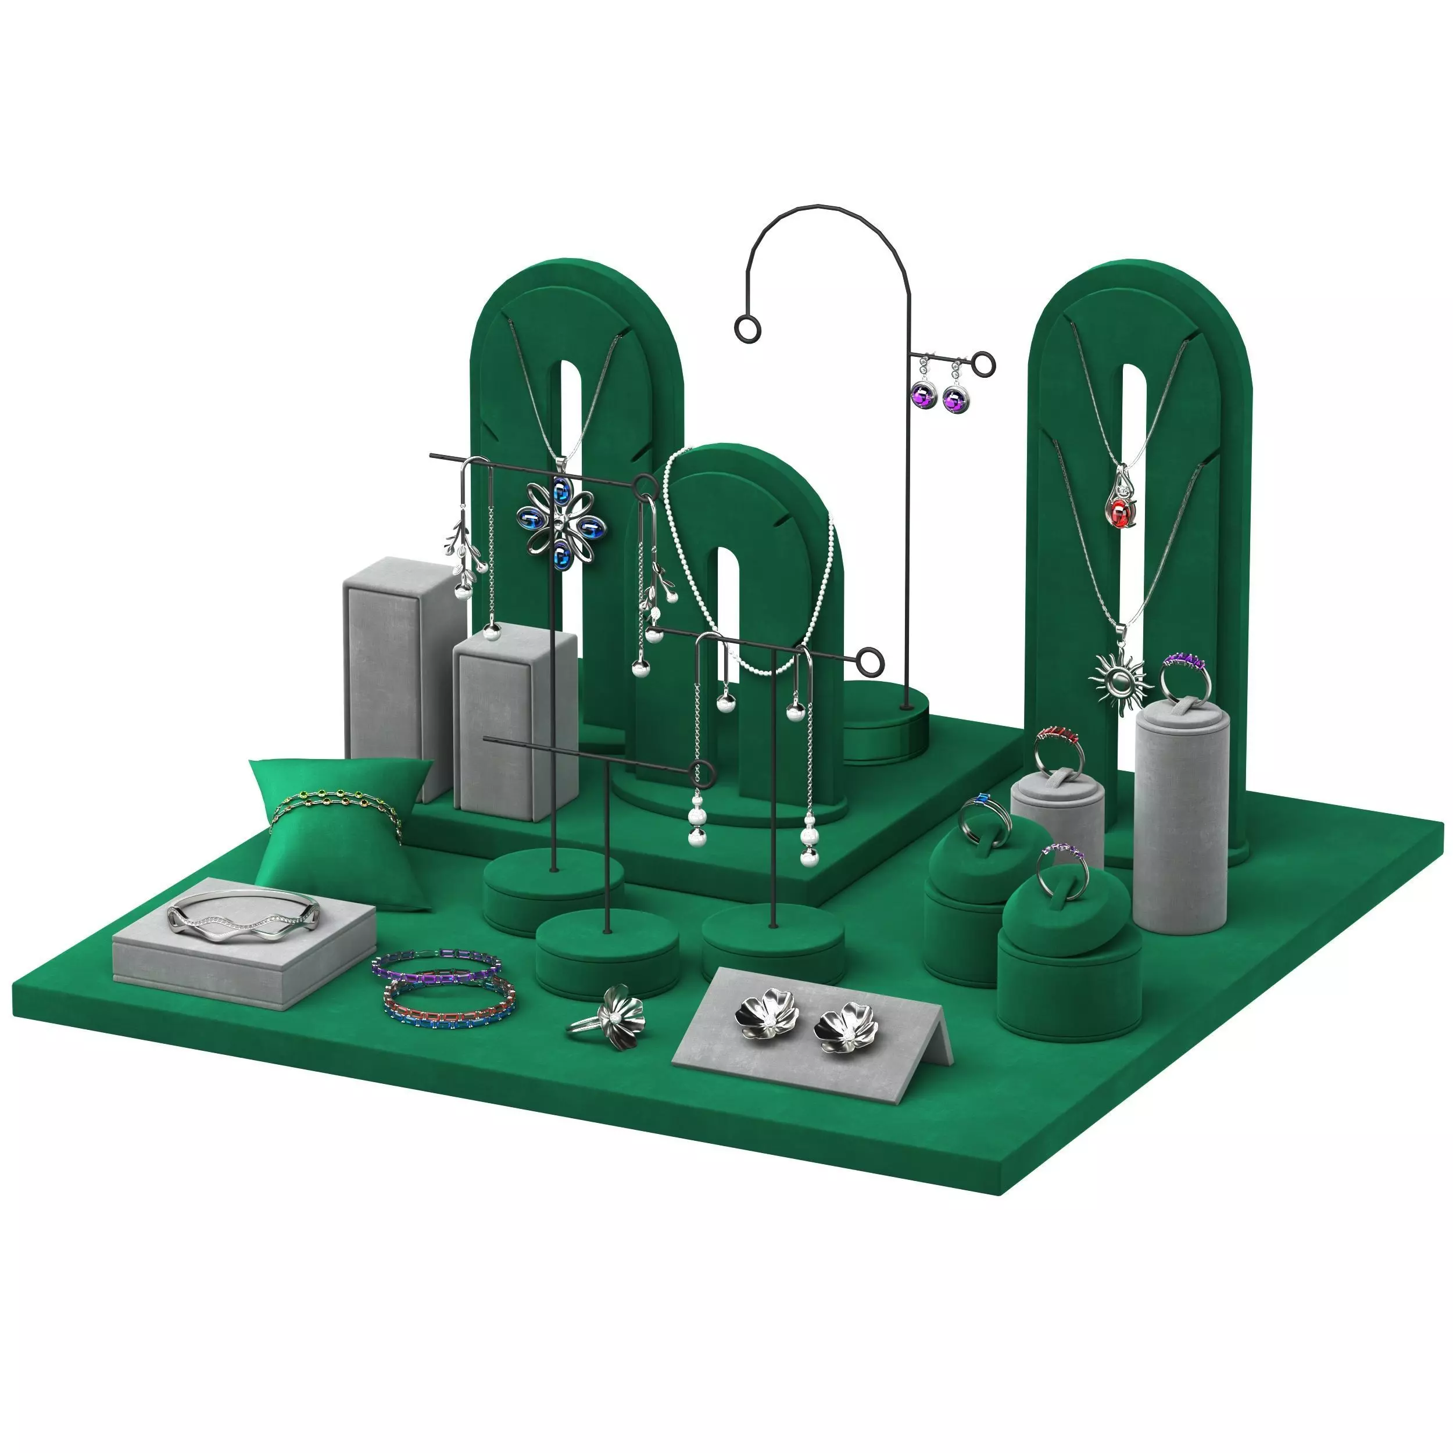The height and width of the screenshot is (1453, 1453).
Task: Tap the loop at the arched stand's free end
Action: [749, 328]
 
